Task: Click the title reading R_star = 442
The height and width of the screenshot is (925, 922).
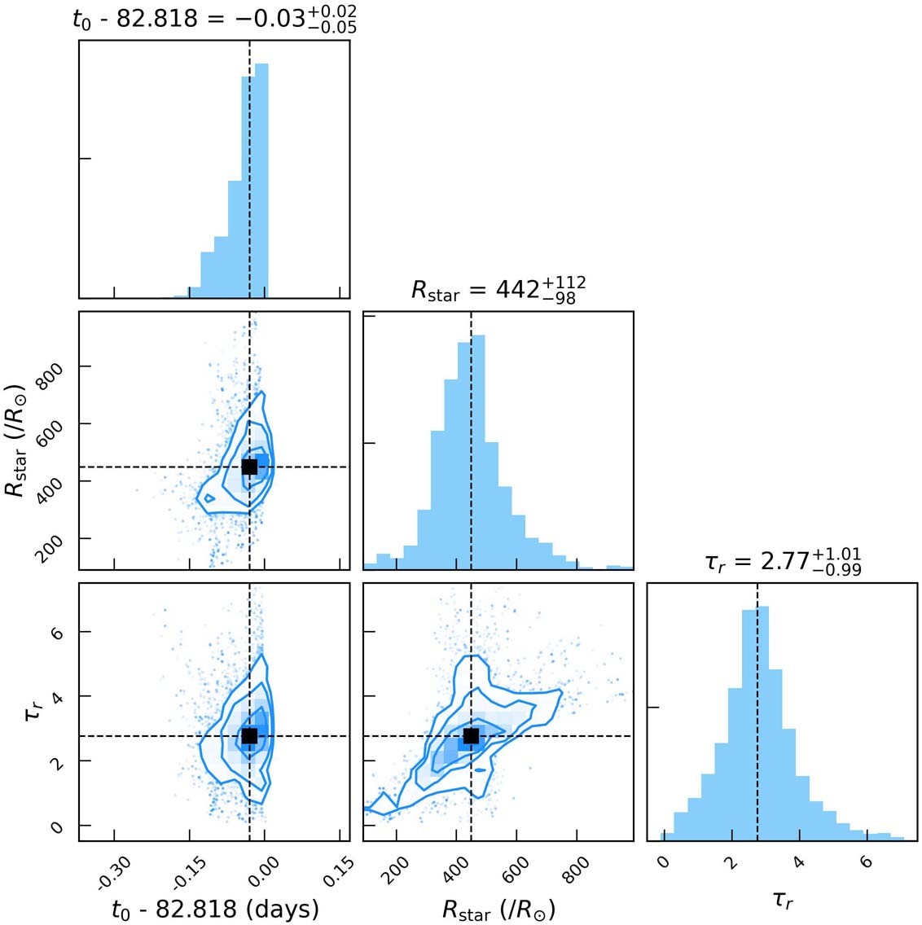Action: [x=498, y=290]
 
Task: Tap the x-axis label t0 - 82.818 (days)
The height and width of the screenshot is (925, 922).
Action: [x=214, y=908]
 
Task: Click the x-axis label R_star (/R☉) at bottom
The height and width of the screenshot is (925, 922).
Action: [x=498, y=909]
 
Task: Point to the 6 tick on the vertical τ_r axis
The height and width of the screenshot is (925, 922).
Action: [x=55, y=632]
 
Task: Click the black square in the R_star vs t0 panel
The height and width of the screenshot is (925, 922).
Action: [x=249, y=467]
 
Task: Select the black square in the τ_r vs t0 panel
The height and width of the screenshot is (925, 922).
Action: [x=249, y=736]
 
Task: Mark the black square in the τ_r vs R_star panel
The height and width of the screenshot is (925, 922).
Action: [x=471, y=736]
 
